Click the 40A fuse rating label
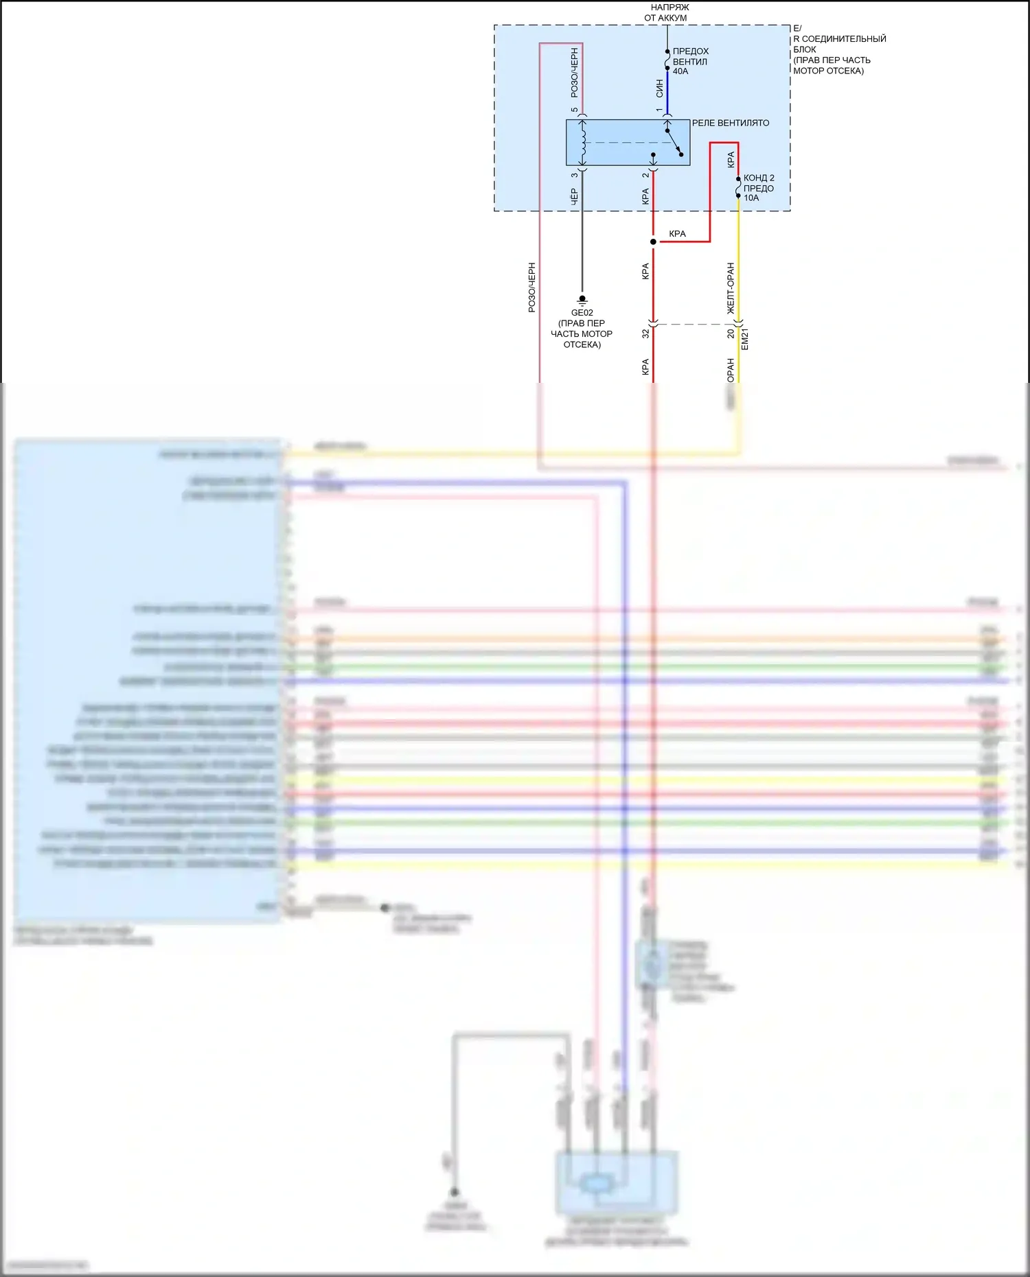point(680,71)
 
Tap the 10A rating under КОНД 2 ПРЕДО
point(751,198)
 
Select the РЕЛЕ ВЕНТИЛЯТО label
point(730,124)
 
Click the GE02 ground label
point(582,313)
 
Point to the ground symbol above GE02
point(582,300)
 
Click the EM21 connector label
point(745,339)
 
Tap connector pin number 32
point(645,333)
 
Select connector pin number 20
point(731,333)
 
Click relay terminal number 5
point(575,110)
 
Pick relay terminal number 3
point(575,175)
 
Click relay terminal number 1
point(659,110)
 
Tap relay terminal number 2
point(645,175)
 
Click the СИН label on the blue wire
point(659,87)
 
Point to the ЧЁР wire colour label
point(575,197)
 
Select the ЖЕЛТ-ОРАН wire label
point(731,288)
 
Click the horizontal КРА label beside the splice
point(677,234)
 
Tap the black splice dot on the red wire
point(653,242)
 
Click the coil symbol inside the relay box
point(583,143)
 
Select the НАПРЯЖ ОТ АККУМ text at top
point(666,12)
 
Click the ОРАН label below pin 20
point(731,370)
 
